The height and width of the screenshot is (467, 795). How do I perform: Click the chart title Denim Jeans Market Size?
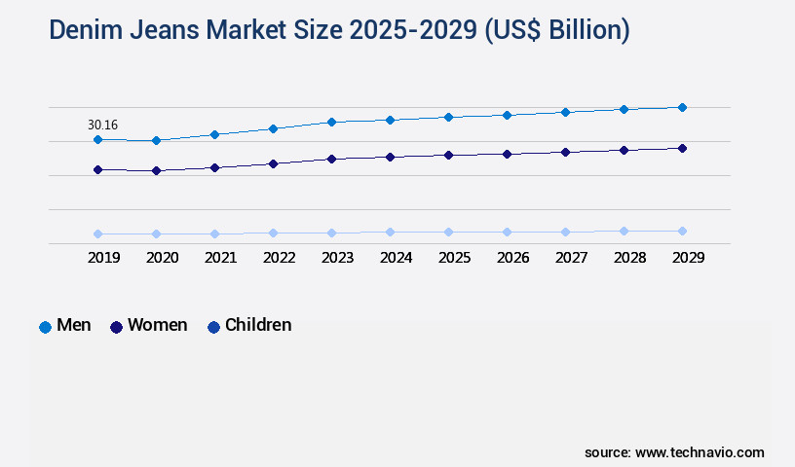pyautogui.click(x=339, y=30)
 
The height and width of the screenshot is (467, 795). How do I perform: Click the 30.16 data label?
pyautogui.click(x=102, y=125)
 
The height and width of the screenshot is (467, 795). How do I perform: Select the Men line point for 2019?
pyautogui.click(x=97, y=140)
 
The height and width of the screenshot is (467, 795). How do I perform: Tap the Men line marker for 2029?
pyautogui.click(x=682, y=107)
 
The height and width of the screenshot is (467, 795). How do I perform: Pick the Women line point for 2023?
pyautogui.click(x=331, y=159)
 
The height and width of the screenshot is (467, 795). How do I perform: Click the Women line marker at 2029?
pyautogui.click(x=682, y=148)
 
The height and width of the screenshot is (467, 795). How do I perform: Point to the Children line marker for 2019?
pyautogui.click(x=97, y=233)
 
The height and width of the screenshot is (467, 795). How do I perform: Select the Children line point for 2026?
pyautogui.click(x=507, y=232)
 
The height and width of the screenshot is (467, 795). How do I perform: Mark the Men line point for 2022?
pyautogui.click(x=273, y=128)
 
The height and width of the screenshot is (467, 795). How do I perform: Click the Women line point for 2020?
pyautogui.click(x=156, y=171)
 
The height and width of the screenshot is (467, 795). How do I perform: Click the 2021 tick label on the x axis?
pyautogui.click(x=220, y=258)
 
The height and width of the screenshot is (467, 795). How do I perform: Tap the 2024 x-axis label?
pyautogui.click(x=396, y=258)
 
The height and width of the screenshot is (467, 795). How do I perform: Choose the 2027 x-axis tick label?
pyautogui.click(x=571, y=258)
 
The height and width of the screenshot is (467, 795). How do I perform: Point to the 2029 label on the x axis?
pyautogui.click(x=688, y=258)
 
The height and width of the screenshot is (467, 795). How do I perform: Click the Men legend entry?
pyautogui.click(x=65, y=326)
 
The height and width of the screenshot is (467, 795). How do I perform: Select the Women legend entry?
pyautogui.click(x=148, y=326)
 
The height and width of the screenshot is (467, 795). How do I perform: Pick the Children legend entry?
pyautogui.click(x=249, y=326)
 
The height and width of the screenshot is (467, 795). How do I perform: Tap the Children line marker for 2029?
pyautogui.click(x=682, y=231)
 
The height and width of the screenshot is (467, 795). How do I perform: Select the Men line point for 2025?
pyautogui.click(x=448, y=117)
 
